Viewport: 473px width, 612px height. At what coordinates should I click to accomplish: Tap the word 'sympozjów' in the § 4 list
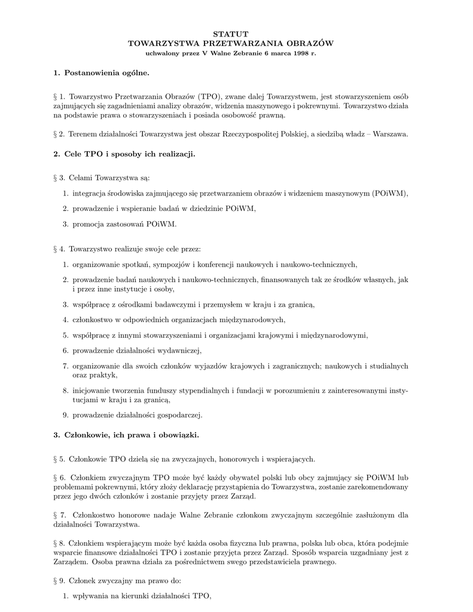point(171,264)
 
